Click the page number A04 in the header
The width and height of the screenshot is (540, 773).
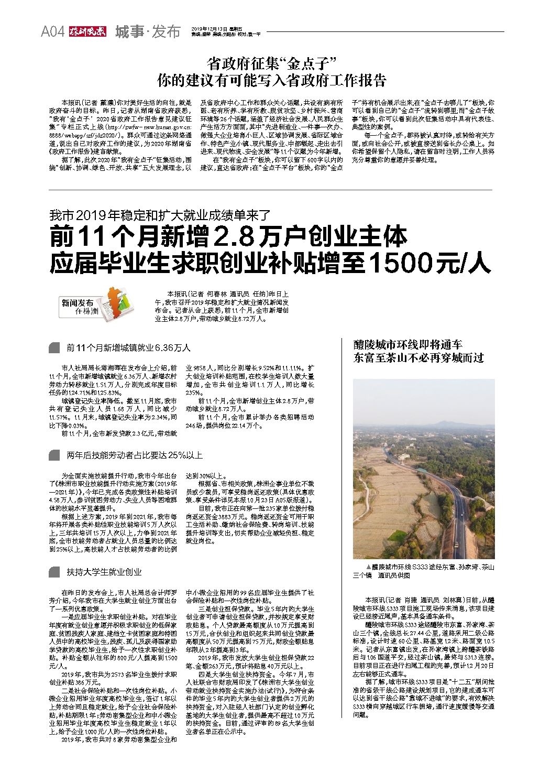coord(52,32)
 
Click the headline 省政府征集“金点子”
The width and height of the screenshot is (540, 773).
coord(271,64)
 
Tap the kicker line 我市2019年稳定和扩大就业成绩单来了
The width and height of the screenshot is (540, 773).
coord(159,215)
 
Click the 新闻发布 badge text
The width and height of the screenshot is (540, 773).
coord(78,303)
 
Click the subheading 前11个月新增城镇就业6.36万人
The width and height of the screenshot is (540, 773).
coord(128,347)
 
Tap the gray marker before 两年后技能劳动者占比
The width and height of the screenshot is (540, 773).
coord(54,455)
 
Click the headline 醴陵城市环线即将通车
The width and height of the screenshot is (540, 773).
coord(407,344)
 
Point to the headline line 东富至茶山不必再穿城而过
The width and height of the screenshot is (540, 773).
coord(418,358)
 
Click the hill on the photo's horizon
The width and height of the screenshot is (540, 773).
coord(445,423)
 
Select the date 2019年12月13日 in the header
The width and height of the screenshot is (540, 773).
coord(206,28)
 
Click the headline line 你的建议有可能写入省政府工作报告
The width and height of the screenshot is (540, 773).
coord(271,80)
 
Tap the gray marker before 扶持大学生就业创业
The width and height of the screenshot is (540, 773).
coord(54,572)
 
